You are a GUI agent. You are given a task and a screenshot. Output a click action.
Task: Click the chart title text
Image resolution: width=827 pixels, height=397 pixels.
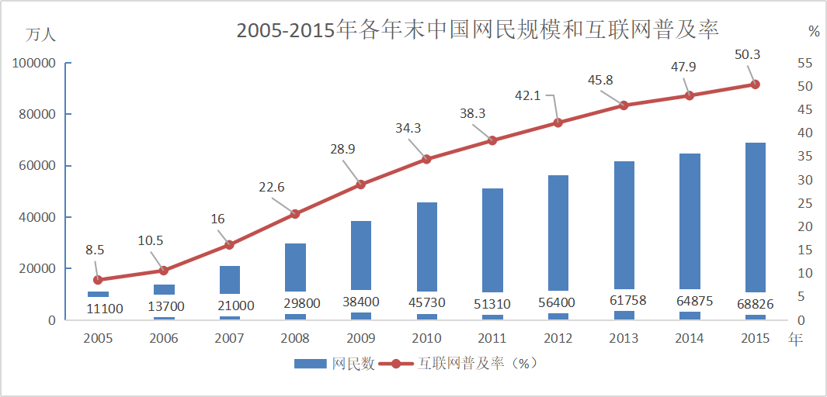478,30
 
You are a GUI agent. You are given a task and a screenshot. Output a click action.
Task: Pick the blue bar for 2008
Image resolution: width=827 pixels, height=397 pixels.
295,267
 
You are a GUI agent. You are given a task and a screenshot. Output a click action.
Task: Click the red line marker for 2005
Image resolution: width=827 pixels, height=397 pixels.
98,280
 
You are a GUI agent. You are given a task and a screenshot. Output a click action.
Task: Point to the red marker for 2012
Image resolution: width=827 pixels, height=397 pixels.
558,123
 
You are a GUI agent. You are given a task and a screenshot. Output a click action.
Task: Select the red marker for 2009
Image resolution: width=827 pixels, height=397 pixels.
360,185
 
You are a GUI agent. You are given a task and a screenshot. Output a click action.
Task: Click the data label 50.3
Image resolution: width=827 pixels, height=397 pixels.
747,54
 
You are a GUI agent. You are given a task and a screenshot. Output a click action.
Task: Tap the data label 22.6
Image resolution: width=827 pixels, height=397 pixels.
271,187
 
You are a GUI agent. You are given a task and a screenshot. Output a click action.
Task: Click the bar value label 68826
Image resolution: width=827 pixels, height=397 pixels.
756,304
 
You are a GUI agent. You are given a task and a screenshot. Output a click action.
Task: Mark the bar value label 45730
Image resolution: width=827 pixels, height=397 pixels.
426,302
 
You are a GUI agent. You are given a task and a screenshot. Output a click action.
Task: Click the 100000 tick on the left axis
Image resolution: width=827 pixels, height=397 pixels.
34,63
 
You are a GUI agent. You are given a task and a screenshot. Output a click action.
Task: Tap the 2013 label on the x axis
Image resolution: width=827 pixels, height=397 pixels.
624,338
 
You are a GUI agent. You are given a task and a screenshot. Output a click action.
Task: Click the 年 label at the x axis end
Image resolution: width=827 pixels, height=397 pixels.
794,338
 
